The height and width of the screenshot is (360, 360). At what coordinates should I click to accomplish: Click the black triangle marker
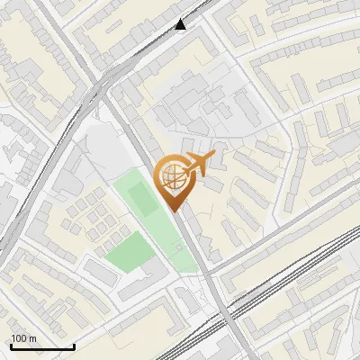click(181, 24)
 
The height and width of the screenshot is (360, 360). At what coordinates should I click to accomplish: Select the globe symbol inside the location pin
click(172, 177)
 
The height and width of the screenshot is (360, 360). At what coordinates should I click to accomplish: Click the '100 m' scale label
click(23, 338)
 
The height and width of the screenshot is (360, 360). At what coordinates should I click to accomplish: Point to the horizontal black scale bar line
click(42, 347)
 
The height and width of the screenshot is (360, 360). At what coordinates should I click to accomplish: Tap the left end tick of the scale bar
click(11, 346)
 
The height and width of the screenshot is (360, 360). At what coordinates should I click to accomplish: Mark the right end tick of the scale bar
click(74, 346)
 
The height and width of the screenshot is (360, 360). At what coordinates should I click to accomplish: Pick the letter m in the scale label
click(32, 338)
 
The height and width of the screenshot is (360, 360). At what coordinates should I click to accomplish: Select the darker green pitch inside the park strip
click(139, 197)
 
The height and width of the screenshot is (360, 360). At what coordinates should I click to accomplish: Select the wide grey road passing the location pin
click(193, 247)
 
